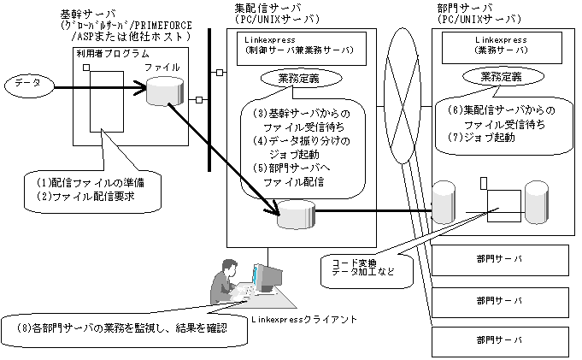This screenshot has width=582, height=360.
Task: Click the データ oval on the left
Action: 29,86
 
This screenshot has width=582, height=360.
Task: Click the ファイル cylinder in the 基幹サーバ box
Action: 165,91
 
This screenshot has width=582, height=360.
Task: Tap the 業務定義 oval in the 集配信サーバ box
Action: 301,79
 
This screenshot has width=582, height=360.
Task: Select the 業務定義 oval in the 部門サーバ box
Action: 503,77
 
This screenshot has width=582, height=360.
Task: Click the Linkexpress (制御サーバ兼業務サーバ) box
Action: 302,49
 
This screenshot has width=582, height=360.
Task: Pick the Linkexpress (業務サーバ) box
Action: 502,48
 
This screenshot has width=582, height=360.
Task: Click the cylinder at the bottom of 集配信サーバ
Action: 297,215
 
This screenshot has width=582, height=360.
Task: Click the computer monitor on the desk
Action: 267,278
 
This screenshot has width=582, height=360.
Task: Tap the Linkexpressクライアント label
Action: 303,319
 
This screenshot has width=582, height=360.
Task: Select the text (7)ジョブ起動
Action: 481,138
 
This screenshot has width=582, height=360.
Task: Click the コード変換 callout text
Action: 350,263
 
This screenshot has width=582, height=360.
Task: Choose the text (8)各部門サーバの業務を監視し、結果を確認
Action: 121,328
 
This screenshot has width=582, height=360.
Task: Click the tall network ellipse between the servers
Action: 399,96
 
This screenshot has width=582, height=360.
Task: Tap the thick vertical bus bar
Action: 209,100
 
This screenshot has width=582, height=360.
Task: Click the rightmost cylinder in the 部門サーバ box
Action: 537,203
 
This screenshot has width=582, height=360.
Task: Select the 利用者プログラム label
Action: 113,54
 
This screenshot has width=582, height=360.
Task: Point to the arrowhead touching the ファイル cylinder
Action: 141,88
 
